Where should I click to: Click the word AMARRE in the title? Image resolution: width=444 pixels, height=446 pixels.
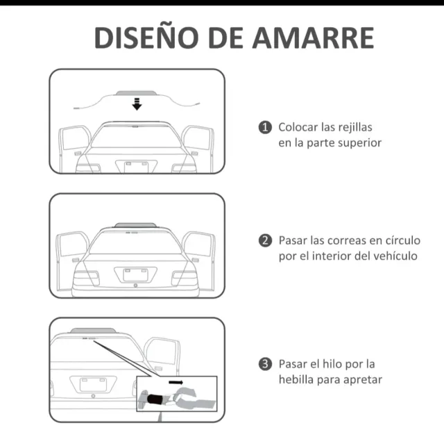coord(313,38)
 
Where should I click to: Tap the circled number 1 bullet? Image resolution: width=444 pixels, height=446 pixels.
coord(265,127)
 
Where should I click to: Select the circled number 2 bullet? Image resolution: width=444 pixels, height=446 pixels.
coord(265,240)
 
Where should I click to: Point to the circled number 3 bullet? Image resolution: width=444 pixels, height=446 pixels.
coord(265,364)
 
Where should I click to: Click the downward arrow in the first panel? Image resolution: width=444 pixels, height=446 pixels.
coord(137,104)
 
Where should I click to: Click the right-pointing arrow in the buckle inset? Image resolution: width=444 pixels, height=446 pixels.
coord(176,382)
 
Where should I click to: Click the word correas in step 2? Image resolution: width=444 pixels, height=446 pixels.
coord(345,240)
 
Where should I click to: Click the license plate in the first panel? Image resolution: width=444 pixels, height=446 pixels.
coord(137,167)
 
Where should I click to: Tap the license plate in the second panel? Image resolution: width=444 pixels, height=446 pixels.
coord(135,275)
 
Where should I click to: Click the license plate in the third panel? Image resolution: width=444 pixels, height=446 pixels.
coord(93,385)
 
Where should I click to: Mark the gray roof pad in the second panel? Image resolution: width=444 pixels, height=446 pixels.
coord(135,225)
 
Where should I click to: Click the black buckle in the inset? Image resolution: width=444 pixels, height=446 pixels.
coord(155,399)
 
